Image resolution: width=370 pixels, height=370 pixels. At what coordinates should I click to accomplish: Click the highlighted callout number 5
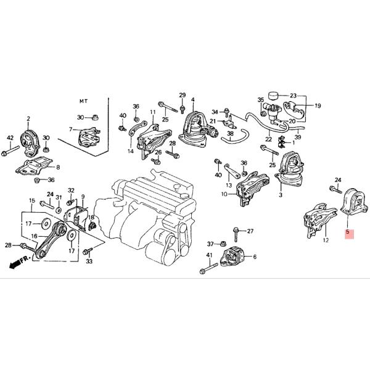click(x=348, y=233)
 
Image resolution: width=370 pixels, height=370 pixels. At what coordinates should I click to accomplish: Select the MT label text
click(x=84, y=100)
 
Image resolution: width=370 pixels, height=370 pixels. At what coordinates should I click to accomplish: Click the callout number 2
click(x=28, y=118)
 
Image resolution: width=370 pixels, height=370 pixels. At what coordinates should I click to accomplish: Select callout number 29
click(x=183, y=94)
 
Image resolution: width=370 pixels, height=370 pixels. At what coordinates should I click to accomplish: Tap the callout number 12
click(x=325, y=240)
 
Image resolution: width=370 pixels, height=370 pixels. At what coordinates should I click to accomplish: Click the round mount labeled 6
click(x=233, y=255)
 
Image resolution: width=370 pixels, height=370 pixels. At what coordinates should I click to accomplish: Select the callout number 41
click(x=209, y=256)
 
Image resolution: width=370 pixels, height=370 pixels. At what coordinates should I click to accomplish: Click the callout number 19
click(x=318, y=106)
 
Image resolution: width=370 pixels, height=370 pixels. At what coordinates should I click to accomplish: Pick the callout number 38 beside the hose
click(x=230, y=134)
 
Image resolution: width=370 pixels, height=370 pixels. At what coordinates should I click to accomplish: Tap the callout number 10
click(x=223, y=194)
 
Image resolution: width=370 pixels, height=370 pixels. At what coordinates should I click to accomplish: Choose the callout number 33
click(x=89, y=261)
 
